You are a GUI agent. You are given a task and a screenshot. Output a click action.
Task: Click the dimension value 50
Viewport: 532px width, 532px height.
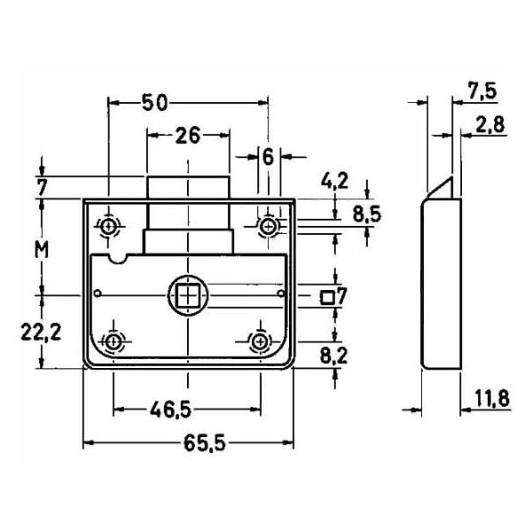pyautogui.click(x=154, y=103)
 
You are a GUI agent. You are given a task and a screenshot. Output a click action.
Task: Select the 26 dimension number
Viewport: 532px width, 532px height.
pyautogui.click(x=188, y=136)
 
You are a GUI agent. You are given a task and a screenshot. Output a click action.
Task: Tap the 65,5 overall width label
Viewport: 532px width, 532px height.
pyautogui.click(x=204, y=443)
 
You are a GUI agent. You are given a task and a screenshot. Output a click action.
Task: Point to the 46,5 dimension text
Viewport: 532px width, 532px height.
pyautogui.click(x=171, y=410)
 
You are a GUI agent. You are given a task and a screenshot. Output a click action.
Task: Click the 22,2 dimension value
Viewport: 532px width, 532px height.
pyautogui.click(x=41, y=332)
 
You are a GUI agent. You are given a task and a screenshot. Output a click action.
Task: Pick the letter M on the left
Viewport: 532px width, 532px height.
pyautogui.click(x=42, y=250)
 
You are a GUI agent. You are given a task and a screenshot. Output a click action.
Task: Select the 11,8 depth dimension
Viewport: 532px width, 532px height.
pyautogui.click(x=492, y=398)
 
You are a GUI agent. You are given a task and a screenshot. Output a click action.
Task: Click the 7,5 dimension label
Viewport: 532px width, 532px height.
pyautogui.click(x=482, y=91)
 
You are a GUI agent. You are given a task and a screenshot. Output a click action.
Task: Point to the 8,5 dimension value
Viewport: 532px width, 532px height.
pyautogui.click(x=367, y=215)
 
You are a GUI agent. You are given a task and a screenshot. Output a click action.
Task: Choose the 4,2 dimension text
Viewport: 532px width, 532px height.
pyautogui.click(x=335, y=181)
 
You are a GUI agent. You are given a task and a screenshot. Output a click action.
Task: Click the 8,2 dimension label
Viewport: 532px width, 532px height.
pyautogui.click(x=334, y=356)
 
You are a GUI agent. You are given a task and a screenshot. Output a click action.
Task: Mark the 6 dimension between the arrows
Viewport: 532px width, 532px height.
pyautogui.click(x=269, y=157)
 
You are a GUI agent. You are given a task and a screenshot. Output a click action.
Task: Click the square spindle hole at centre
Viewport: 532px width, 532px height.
pyautogui.click(x=188, y=295)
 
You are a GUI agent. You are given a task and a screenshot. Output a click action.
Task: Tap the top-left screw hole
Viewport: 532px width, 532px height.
pyautogui.click(x=108, y=225)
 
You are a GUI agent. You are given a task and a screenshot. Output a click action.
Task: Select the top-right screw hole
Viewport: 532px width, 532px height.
pyautogui.click(x=269, y=226)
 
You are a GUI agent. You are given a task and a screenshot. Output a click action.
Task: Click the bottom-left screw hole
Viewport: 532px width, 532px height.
pyautogui.click(x=113, y=341)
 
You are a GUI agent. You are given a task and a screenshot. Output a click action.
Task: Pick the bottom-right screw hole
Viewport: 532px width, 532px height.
pyautogui.click(x=260, y=341)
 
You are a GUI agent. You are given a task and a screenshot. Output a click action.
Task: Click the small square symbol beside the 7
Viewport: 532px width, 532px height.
pyautogui.click(x=327, y=297)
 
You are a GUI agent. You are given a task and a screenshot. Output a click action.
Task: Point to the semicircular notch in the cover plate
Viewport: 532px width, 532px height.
pyautogui.click(x=117, y=260)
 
